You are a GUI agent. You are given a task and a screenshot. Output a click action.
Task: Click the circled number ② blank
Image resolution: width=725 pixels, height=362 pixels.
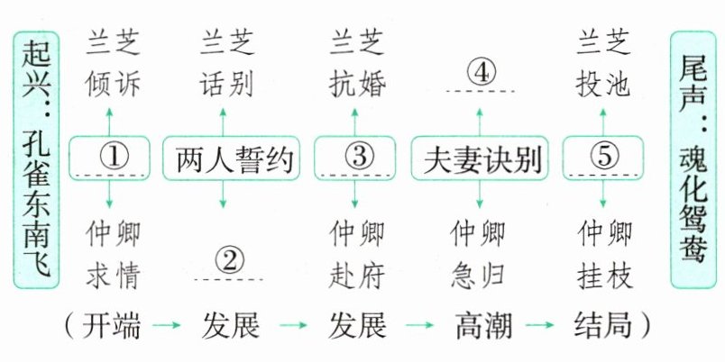pyautogui.click(x=230, y=262)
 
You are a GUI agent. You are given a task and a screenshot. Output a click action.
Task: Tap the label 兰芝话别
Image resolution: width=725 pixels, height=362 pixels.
pyautogui.click(x=226, y=63)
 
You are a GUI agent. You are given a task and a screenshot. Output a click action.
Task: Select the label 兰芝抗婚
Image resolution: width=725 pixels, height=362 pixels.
pyautogui.click(x=358, y=63)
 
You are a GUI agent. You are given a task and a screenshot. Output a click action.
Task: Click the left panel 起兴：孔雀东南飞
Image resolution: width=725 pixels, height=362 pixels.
pyautogui.click(x=36, y=158)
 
